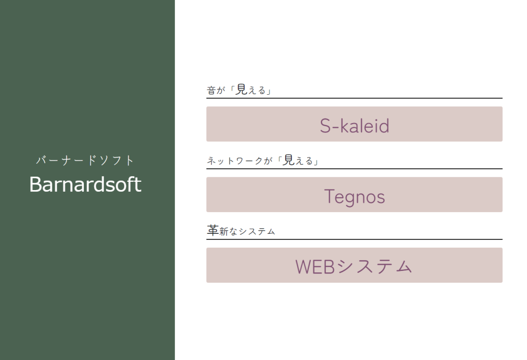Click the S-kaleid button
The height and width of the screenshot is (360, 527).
[354, 124]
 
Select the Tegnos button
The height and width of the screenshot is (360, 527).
[354, 195]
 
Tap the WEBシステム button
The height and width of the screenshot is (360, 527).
[354, 265]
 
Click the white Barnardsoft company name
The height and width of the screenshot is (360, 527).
[85, 184]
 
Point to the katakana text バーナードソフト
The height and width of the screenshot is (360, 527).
[85, 160]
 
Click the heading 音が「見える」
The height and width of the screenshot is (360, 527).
[239, 90]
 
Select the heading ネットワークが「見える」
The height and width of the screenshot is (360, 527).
[262, 160]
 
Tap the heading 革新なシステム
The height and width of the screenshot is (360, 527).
[241, 231]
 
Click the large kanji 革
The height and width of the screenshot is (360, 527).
[213, 230]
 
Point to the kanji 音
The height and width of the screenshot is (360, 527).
[211, 90]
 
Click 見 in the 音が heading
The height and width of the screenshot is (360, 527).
[241, 90]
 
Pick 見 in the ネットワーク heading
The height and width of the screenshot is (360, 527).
[289, 160]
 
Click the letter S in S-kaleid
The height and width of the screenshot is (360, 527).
[325, 126]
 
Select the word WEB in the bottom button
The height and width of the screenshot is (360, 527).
[315, 267]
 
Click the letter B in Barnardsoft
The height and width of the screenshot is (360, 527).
[36, 184]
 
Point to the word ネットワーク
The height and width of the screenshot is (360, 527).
[235, 161]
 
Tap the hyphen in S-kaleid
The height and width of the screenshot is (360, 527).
[336, 127]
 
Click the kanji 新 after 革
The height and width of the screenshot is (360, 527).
[224, 231]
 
